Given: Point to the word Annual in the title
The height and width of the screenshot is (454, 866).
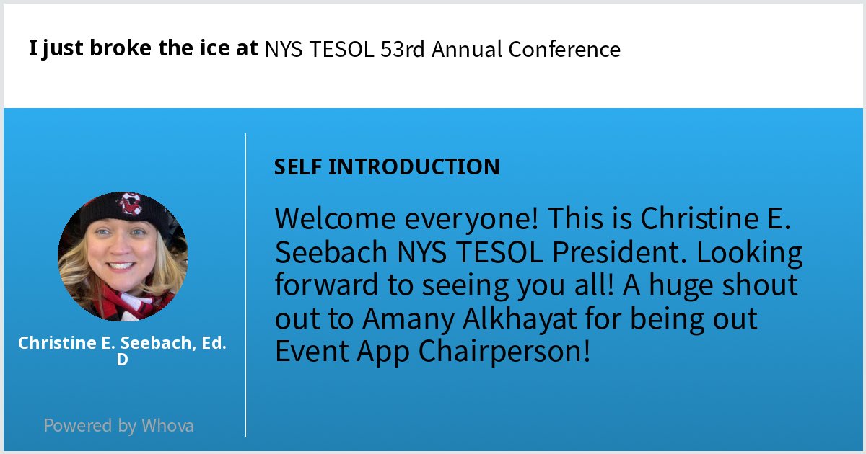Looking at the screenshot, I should click(469, 50).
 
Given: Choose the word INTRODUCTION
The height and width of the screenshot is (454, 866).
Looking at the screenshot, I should click(414, 167).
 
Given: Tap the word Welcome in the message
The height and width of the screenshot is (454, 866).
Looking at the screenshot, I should click(336, 218).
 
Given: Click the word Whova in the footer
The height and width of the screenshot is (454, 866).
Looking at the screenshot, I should click(167, 425).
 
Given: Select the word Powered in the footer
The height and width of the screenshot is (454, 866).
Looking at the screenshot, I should click(79, 425).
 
